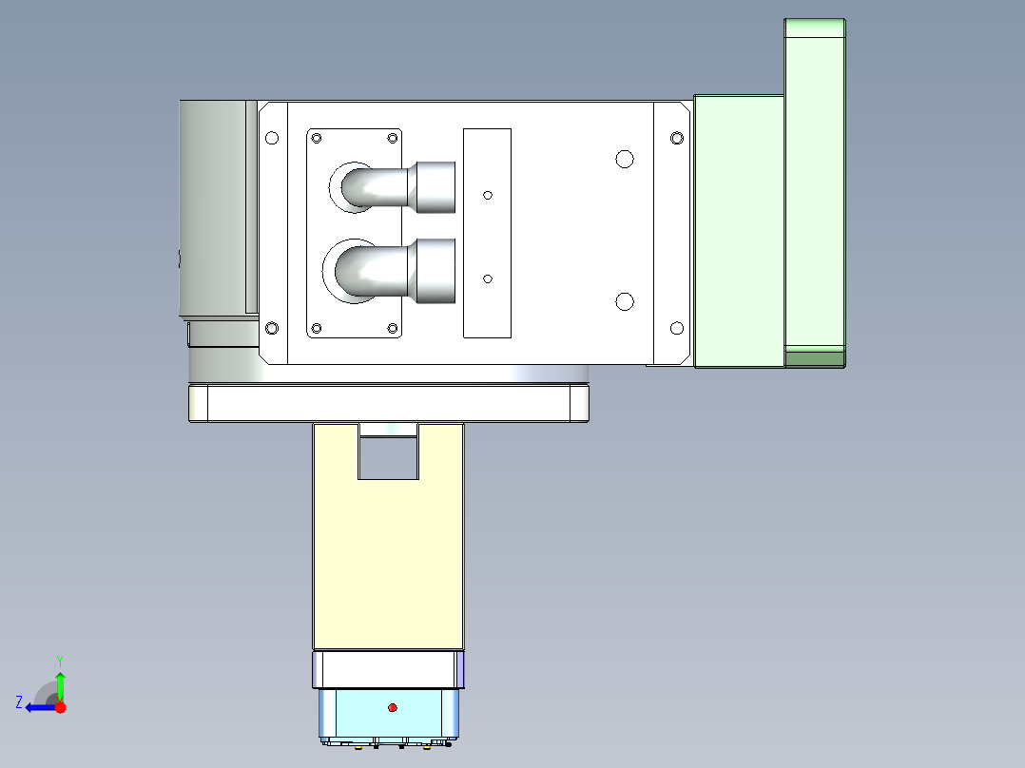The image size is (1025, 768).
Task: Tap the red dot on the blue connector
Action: tap(392, 707)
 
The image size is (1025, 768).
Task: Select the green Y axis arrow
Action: tap(60, 683)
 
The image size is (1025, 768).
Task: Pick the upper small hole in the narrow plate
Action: tap(488, 195)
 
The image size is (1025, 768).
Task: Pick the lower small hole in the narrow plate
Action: tap(488, 278)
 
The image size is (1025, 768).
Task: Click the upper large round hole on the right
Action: tap(625, 159)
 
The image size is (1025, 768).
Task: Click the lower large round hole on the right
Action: tap(625, 301)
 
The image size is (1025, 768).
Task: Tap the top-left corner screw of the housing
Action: tap(272, 138)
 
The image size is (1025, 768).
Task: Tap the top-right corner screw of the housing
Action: tap(677, 138)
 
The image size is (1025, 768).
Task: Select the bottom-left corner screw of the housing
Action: tap(272, 328)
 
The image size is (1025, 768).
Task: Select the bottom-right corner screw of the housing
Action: tap(677, 328)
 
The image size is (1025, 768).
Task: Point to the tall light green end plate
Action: tap(815, 190)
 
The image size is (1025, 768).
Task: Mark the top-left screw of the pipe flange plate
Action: tap(317, 139)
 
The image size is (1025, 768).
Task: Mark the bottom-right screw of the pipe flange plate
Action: tap(392, 328)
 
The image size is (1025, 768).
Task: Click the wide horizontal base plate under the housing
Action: tap(390, 404)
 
